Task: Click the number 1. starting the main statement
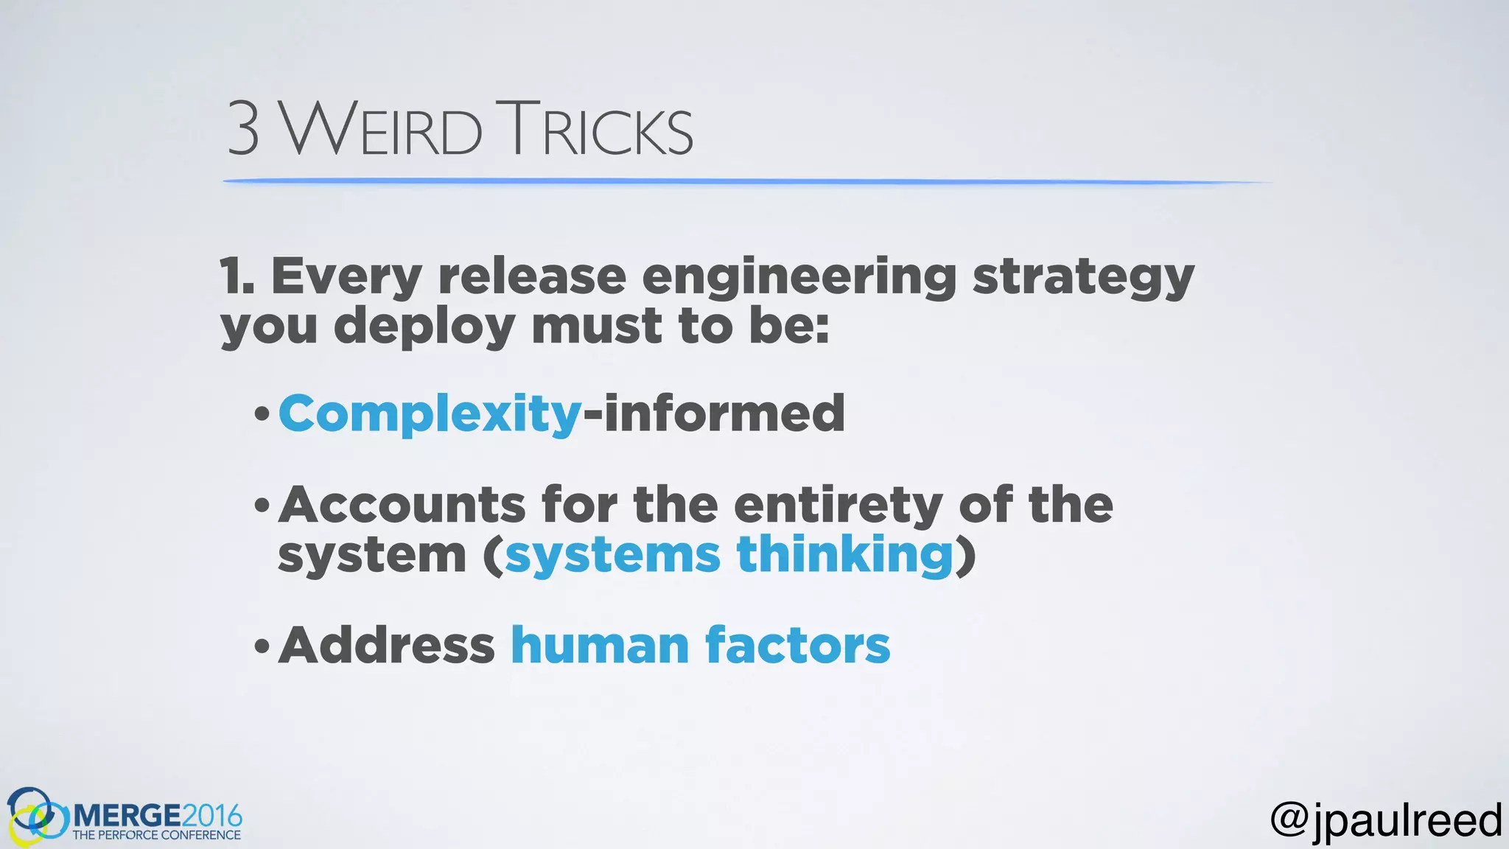237,276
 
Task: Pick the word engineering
799,279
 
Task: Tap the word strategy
1083,279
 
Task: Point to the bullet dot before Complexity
262,415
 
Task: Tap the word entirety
838,506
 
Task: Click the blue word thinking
845,555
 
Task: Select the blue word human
600,645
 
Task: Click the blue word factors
797,645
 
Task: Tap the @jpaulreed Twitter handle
1386,820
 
